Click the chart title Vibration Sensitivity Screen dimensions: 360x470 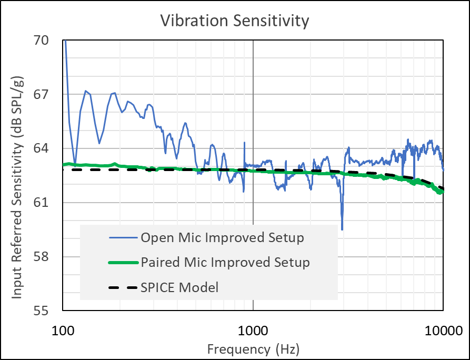pos(234,21)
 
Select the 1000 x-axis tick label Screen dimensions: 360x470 pos(253,331)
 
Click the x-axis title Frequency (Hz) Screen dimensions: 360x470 pos(253,348)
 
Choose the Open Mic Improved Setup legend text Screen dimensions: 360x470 pos(222,238)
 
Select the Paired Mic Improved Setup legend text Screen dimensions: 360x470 pos(225,262)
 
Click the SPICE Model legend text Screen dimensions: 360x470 pos(179,287)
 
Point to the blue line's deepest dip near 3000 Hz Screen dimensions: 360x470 pos(342,229)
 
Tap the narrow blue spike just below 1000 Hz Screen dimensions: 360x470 pos(244,143)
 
